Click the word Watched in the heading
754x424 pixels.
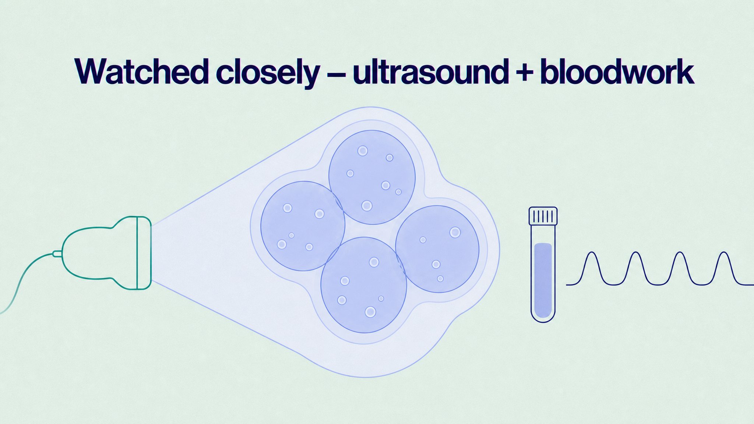[x=141, y=71]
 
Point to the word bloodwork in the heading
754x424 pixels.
[x=617, y=71]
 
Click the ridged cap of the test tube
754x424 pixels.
[x=543, y=216]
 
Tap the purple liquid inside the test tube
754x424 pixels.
[x=543, y=280]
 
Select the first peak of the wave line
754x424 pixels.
[x=592, y=253]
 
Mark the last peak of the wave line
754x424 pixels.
[x=724, y=253]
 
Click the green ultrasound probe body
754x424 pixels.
[x=99, y=253]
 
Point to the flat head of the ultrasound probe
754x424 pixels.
[x=144, y=253]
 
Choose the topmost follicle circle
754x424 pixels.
[x=372, y=177]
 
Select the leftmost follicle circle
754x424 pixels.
[x=303, y=226]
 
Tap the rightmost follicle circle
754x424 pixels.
[x=437, y=249]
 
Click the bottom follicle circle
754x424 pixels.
[x=364, y=285]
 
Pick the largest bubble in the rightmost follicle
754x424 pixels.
[x=455, y=232]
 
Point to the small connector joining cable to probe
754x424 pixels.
[x=57, y=254]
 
